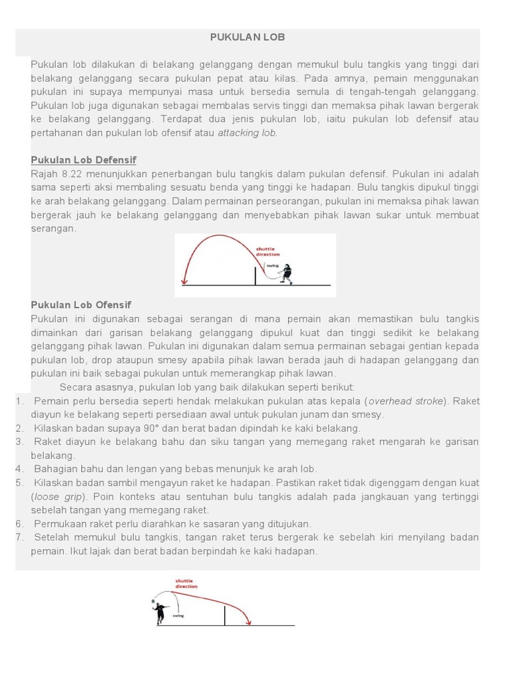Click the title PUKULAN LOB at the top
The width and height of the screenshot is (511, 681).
tap(248, 37)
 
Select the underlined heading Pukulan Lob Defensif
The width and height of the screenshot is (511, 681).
tap(83, 160)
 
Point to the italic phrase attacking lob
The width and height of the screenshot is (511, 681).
tap(248, 132)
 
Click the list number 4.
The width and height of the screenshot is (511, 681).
tap(19, 469)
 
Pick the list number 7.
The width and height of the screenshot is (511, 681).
tap(19, 537)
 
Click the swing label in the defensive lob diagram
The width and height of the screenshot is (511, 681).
tap(272, 265)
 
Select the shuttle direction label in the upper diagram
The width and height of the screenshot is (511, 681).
tap(268, 252)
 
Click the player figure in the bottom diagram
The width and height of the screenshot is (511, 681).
tap(160, 612)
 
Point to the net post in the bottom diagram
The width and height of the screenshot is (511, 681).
tap(224, 616)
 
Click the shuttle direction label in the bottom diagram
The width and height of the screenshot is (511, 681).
tap(186, 584)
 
